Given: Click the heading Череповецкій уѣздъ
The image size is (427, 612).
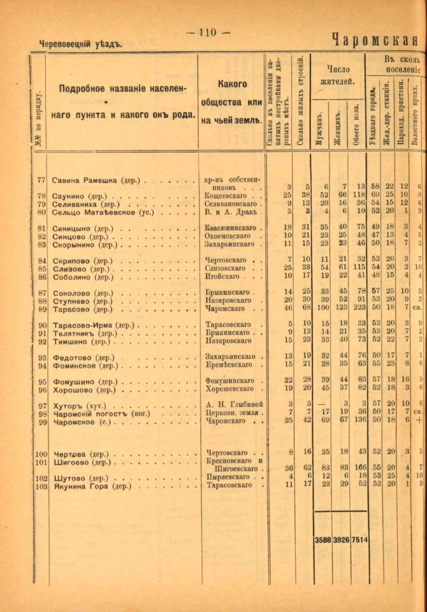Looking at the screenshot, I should [x=80, y=44].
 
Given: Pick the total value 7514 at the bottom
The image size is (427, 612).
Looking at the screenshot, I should [x=359, y=540].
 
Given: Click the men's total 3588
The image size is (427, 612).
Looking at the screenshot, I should [x=323, y=540].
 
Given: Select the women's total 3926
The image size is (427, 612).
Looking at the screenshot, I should [x=341, y=540].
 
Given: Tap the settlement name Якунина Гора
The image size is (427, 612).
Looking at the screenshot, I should [x=92, y=486].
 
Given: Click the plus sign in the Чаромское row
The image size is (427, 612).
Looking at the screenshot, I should [x=419, y=422].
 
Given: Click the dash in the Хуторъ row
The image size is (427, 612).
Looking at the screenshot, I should [x=323, y=404].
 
